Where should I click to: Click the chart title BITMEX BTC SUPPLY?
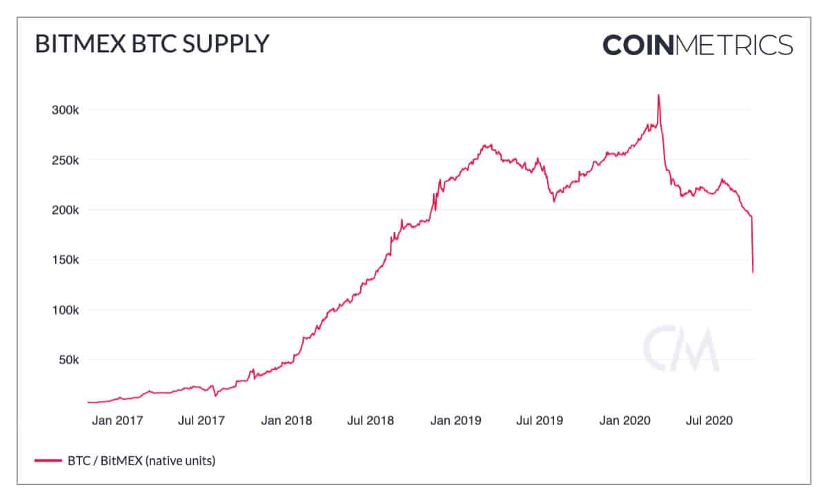(151, 43)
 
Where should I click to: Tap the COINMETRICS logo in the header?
(698, 45)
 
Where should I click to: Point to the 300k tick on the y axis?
(66, 110)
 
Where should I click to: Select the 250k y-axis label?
(66, 160)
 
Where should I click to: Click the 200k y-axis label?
(66, 210)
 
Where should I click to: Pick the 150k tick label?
(66, 260)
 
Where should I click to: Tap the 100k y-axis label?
(66, 310)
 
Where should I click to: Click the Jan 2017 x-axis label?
(117, 420)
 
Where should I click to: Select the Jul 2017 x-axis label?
(201, 420)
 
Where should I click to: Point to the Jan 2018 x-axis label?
(286, 420)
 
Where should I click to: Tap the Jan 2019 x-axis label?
(455, 420)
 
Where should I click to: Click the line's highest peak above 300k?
(659, 95)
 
